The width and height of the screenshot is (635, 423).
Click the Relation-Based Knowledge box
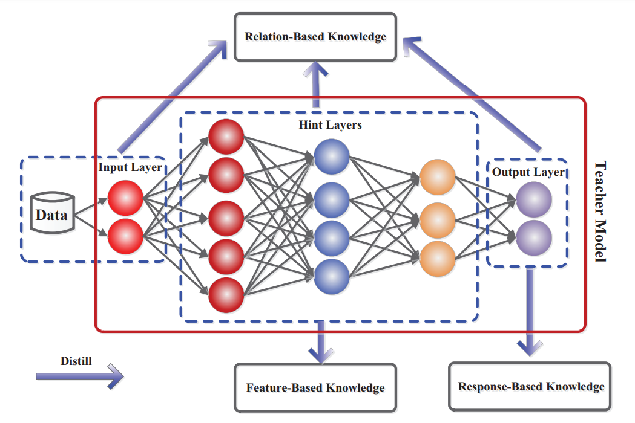click(315, 37)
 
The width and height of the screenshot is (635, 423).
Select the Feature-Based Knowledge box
click(315, 387)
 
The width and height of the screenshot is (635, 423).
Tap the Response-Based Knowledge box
click(530, 387)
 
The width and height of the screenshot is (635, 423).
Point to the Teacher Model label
click(600, 211)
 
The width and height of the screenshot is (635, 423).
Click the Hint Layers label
click(330, 126)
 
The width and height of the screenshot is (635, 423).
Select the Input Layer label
click(130, 167)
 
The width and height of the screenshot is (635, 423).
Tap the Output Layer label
click(528, 172)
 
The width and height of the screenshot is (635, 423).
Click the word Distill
click(76, 361)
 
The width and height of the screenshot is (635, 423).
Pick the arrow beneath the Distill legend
click(79, 376)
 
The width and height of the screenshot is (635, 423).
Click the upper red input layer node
click(125, 198)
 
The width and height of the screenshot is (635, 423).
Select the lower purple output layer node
click(533, 236)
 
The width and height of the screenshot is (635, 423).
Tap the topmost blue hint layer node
click(331, 157)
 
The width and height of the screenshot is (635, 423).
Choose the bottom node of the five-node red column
click(226, 295)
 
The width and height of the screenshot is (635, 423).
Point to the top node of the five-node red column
click(226, 137)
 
